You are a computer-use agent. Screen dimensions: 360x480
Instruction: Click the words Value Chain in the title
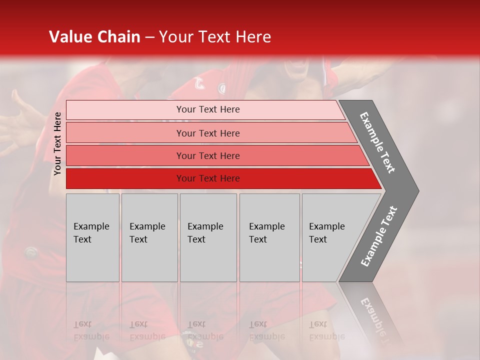click(94, 37)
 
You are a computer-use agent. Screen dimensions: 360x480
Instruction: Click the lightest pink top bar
click(125, 110)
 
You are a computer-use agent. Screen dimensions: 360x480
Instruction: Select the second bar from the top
click(125, 133)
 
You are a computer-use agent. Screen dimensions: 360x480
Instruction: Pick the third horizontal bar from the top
click(125, 156)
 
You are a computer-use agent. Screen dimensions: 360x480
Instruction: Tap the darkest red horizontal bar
click(125, 178)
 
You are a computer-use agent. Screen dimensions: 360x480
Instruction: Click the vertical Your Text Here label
click(57, 143)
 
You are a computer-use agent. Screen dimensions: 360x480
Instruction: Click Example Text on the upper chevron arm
click(377, 142)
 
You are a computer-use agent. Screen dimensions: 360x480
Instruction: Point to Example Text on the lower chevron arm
click(379, 236)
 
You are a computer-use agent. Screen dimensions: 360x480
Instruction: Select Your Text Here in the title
click(215, 37)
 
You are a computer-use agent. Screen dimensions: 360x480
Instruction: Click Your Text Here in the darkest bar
click(208, 178)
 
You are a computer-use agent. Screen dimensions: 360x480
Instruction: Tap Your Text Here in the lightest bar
click(208, 109)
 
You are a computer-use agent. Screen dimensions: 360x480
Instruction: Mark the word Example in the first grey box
click(91, 226)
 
